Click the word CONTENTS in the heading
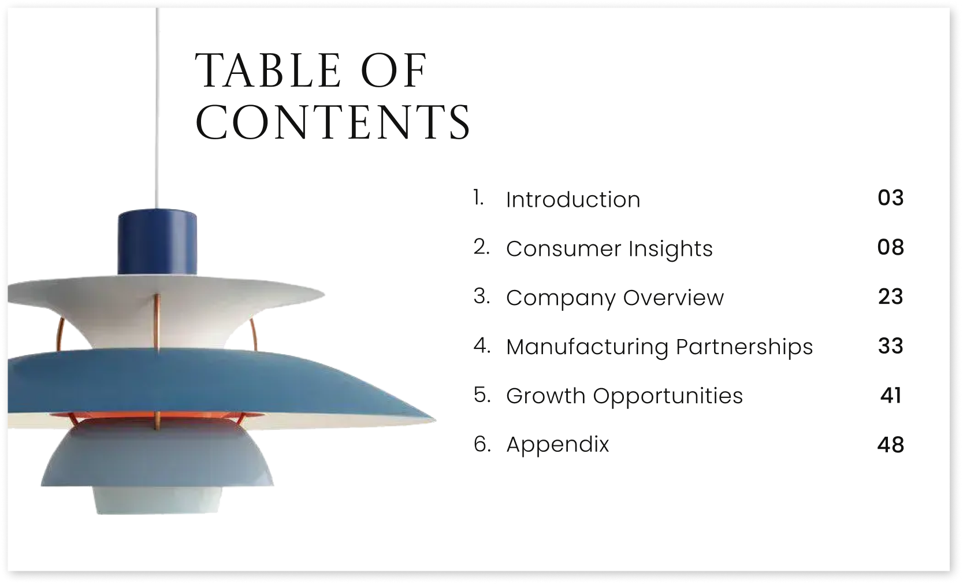[x=333, y=122]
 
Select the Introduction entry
[x=573, y=200]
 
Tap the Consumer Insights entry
[x=609, y=249]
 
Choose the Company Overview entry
[x=615, y=298]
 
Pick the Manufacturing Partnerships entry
[x=659, y=347]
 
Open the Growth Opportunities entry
[x=624, y=396]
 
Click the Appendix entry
[x=557, y=445]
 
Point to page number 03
[x=890, y=198]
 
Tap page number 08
[x=890, y=247]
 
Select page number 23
[x=890, y=297]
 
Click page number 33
[x=890, y=346]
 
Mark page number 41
[x=890, y=396]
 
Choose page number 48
[x=890, y=445]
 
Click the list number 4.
[x=481, y=345]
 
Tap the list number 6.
[x=482, y=444]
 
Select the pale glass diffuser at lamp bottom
[x=158, y=500]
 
